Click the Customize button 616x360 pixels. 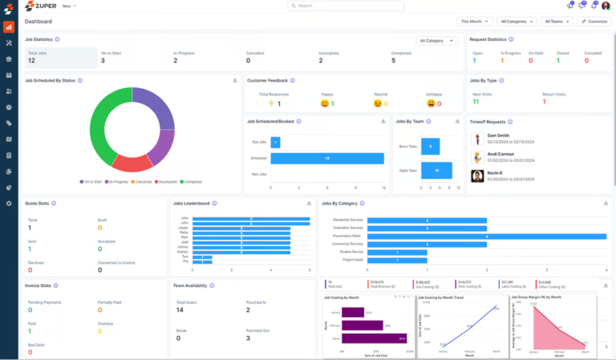594,21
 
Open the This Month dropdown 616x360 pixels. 475,21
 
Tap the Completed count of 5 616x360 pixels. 393,60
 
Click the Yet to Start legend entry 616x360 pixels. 91,182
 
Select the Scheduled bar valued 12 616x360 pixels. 328,158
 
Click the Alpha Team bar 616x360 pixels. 436,171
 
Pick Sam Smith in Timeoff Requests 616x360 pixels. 497,136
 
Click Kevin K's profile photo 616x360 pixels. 476,176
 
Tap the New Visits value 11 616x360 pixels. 476,102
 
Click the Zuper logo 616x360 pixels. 40,6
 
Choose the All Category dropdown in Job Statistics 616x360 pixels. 437,40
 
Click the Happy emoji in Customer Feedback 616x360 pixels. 326,103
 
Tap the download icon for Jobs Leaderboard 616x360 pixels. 310,203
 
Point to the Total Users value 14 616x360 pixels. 180,309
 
